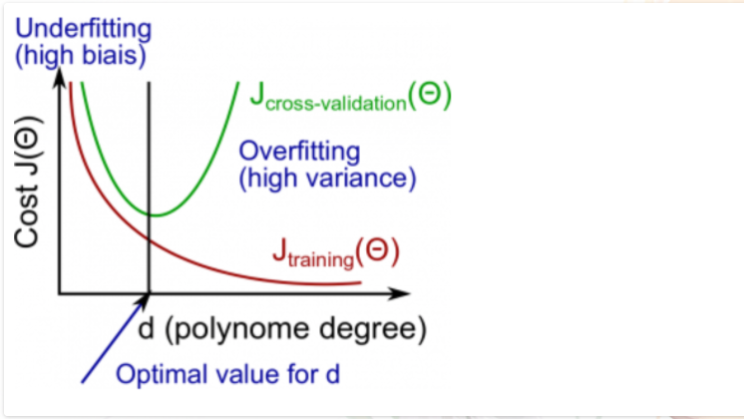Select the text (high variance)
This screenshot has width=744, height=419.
[326, 180]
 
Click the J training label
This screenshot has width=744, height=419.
[335, 254]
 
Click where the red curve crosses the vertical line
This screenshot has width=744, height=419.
[149, 239]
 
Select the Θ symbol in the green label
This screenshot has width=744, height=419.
[434, 96]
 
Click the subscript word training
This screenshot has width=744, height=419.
[319, 261]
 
